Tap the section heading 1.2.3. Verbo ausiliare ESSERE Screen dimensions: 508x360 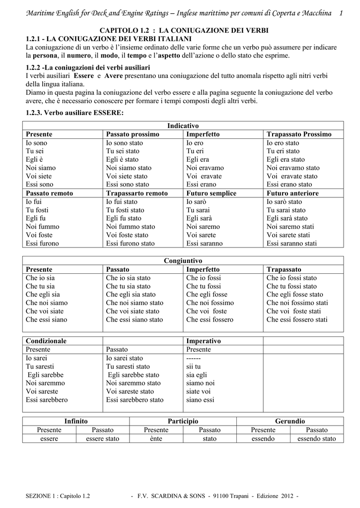[74, 113]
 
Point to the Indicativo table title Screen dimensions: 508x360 [183, 126]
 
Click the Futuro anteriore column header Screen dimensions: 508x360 [292, 193]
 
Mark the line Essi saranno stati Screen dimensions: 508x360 [292, 244]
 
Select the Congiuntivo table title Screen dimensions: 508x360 [183, 260]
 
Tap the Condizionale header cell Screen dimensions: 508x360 [46, 341]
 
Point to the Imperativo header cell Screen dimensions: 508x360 [204, 341]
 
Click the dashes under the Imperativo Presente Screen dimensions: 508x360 [194, 358]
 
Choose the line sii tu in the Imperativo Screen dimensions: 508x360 [194, 367]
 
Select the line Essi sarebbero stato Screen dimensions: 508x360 [135, 400]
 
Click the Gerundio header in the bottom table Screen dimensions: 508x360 [290, 421]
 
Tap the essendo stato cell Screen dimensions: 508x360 [316, 439]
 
